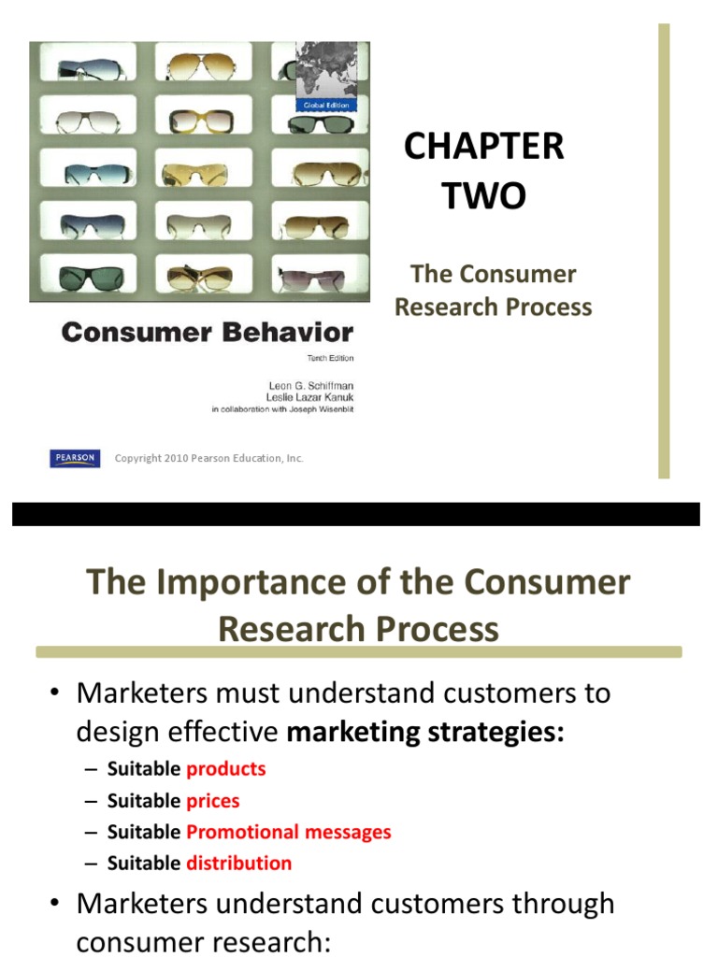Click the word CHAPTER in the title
click(x=483, y=147)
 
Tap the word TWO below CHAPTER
click(x=483, y=196)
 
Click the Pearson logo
click(x=75, y=458)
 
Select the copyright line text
click(x=208, y=459)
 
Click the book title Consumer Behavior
click(x=207, y=333)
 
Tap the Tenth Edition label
click(x=331, y=358)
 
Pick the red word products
click(x=225, y=769)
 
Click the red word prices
click(x=212, y=801)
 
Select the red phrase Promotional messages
click(x=288, y=832)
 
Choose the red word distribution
click(x=238, y=864)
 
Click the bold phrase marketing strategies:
click(x=425, y=733)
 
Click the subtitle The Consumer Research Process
click(x=493, y=291)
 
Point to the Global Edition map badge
click(x=325, y=77)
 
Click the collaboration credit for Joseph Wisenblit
click(x=282, y=408)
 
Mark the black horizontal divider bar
click(x=355, y=514)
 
